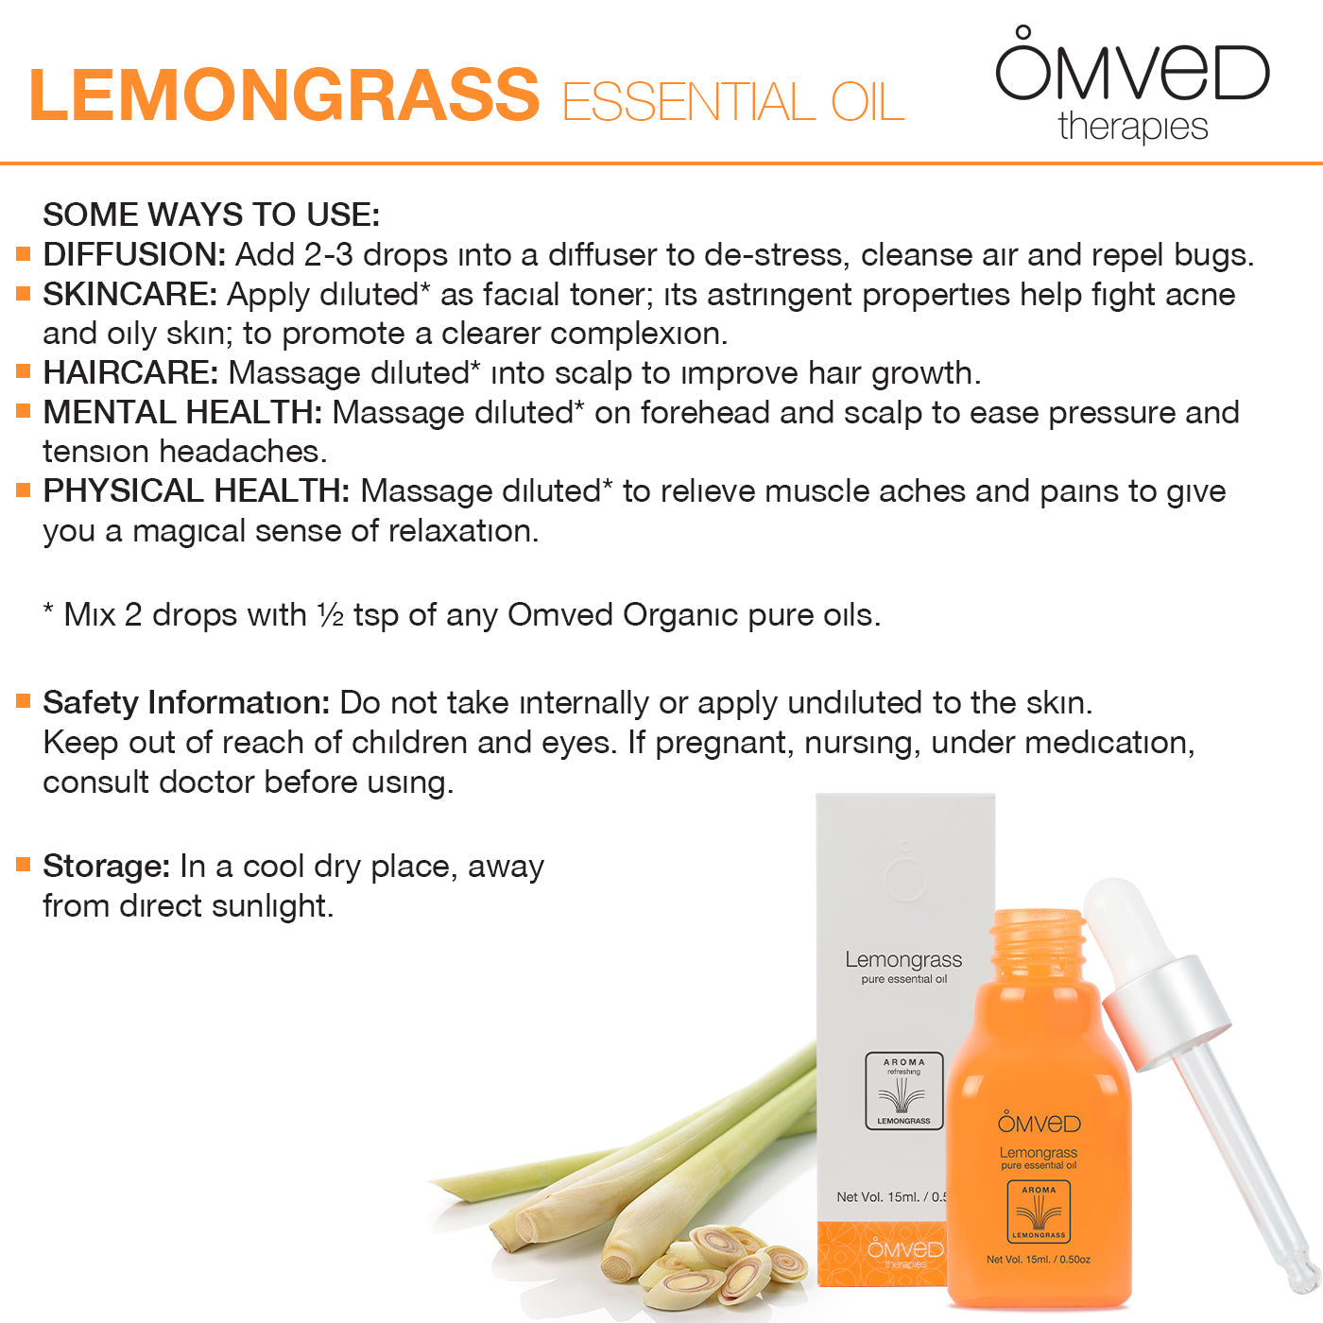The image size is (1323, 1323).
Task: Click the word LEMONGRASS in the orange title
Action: pos(284,95)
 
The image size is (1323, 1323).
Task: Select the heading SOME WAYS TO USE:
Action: pos(212,215)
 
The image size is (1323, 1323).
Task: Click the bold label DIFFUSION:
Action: pos(134,255)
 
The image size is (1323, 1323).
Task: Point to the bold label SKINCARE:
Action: pos(130,295)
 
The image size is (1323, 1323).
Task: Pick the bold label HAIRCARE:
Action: pos(130,372)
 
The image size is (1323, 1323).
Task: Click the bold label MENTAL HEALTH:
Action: pos(182,413)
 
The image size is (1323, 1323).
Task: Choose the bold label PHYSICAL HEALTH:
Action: pos(197,490)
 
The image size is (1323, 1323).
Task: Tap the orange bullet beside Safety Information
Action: pos(24,701)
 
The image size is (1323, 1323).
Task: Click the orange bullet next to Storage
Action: pos(24,865)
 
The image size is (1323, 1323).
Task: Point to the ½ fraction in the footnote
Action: pos(330,615)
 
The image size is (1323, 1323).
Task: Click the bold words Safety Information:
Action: pos(187,703)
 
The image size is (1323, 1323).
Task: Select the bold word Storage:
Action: pos(107,867)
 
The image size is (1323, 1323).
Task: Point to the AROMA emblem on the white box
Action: pos(903,1091)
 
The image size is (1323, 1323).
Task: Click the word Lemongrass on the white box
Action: pos(903,960)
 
